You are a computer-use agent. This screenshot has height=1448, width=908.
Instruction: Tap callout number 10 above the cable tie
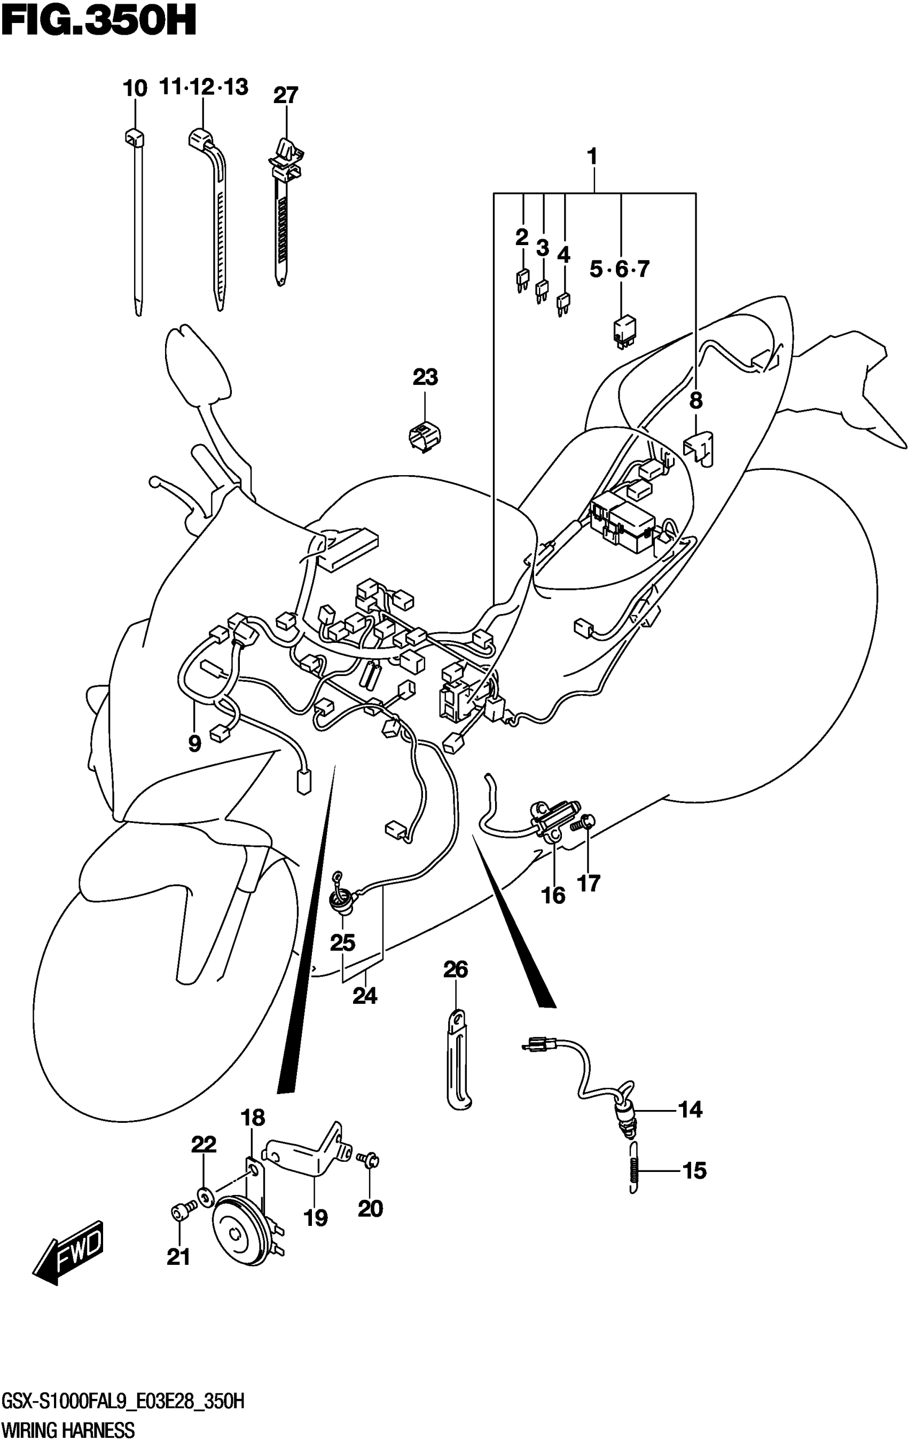click(x=135, y=89)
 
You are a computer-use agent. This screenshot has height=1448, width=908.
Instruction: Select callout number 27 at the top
click(x=285, y=96)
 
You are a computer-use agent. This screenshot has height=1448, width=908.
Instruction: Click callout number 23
click(x=425, y=377)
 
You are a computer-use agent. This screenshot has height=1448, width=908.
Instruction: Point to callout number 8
click(x=695, y=400)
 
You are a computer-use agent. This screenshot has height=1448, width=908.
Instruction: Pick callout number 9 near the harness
click(x=194, y=744)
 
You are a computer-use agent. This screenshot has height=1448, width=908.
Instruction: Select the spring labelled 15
click(x=633, y=1168)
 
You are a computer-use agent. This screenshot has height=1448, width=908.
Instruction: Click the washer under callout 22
click(x=205, y=1197)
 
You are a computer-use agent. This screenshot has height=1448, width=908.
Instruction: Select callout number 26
click(x=455, y=970)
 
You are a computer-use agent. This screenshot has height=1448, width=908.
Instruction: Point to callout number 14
click(x=690, y=1109)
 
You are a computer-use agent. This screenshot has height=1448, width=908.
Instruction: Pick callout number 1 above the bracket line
click(x=592, y=158)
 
